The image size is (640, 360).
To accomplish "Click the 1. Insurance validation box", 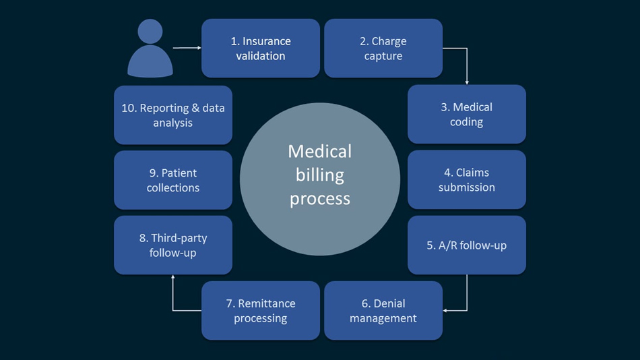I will [261, 49].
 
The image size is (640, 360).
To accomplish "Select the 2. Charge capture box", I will [383, 49].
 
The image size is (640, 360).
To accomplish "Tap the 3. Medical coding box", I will [467, 115].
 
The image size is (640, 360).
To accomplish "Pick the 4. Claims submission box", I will [467, 180].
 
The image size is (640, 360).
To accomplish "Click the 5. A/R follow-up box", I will [467, 245].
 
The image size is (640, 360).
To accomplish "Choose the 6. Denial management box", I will [383, 311].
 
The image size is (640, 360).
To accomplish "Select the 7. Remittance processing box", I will [261, 311].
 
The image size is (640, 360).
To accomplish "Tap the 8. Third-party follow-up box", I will [173, 245].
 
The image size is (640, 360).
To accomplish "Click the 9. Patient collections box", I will [173, 180].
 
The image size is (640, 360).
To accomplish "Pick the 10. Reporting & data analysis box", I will [173, 115].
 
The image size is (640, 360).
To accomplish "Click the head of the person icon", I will [150, 31].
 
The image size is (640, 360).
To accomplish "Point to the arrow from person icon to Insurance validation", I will [187, 48].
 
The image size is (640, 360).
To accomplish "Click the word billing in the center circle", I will [320, 175].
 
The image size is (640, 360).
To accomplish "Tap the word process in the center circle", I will [320, 199].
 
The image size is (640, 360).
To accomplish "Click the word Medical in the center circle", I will [320, 151].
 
